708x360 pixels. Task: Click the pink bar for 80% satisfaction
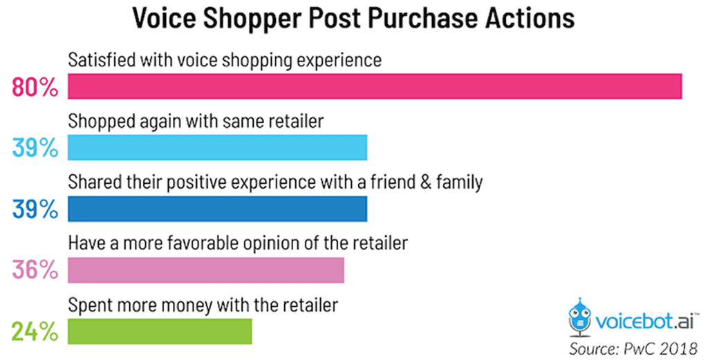tap(375, 87)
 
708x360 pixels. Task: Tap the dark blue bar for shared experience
tap(217, 209)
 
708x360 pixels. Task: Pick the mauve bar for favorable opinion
tap(206, 269)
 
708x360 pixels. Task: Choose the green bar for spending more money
tap(160, 330)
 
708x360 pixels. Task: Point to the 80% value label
tap(35, 88)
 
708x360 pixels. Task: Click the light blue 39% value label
tap(35, 149)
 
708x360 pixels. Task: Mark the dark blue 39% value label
tap(35, 209)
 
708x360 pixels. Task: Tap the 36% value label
tap(35, 270)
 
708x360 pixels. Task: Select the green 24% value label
tap(35, 331)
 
